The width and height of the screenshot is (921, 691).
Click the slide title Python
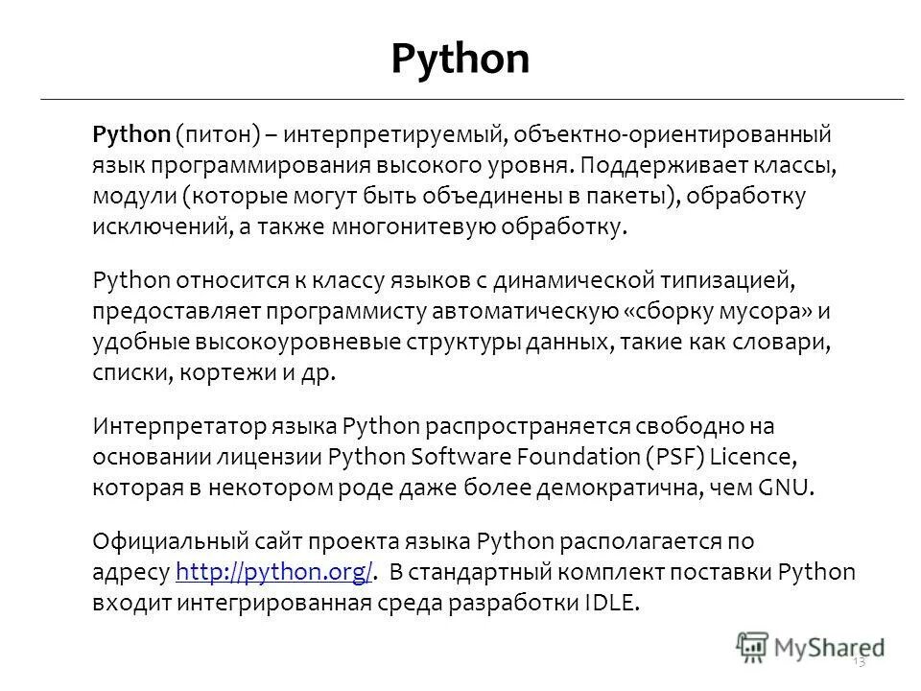tap(460, 60)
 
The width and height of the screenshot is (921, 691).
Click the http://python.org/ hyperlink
tap(275, 574)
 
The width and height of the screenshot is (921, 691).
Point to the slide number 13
tap(858, 663)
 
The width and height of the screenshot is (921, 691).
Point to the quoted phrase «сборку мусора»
tap(727, 311)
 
